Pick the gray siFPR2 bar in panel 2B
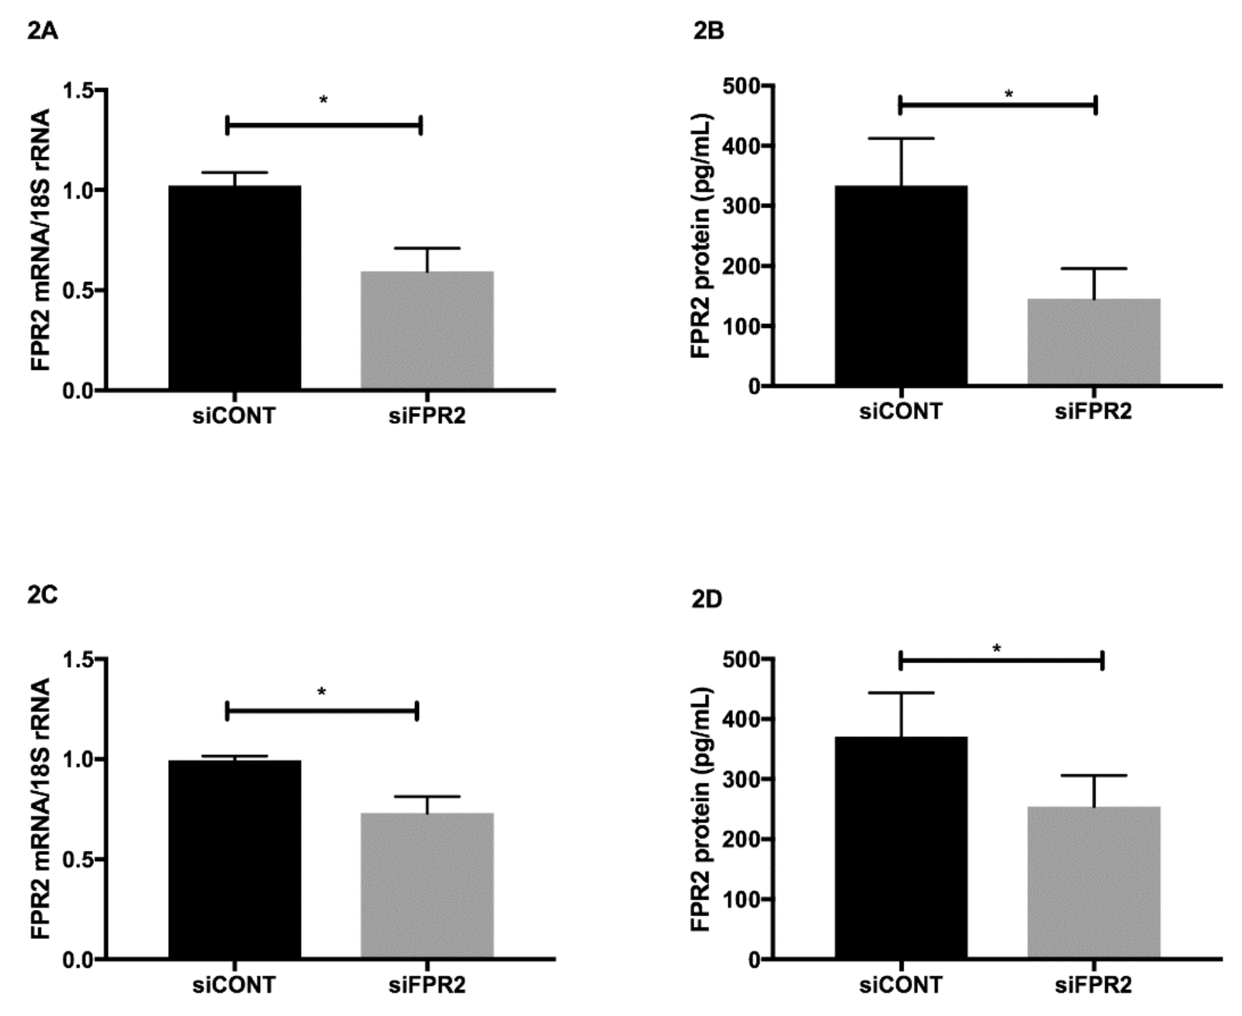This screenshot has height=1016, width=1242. click(x=1094, y=342)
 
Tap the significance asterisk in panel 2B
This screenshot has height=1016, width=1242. click(x=1009, y=94)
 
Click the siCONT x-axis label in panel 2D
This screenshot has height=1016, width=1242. click(x=901, y=985)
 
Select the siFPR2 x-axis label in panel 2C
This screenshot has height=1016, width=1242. click(x=427, y=985)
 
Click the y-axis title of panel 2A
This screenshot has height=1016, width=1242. click(x=41, y=240)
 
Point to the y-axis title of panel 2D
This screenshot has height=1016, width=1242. click(x=701, y=809)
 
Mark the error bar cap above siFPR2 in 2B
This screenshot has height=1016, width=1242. click(x=1094, y=269)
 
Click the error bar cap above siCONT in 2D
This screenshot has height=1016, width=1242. click(x=901, y=693)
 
